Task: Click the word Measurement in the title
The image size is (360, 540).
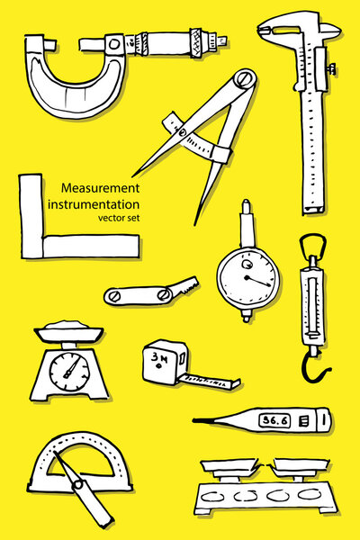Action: [x=100, y=189]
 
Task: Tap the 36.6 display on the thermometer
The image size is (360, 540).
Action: [x=272, y=419]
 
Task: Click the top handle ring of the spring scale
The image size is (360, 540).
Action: [x=310, y=244]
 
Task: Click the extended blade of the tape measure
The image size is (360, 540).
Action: [x=211, y=381]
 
